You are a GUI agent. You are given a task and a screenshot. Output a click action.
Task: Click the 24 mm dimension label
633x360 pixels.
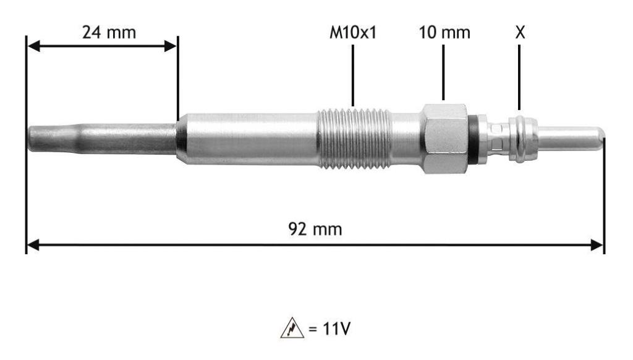109,32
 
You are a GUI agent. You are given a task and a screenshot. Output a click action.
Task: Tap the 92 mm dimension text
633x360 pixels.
315,229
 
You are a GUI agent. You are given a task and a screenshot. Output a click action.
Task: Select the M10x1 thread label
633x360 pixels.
353,32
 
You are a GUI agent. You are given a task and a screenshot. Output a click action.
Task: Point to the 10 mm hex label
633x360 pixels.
444,32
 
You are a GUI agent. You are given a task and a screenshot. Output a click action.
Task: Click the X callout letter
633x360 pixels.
520,32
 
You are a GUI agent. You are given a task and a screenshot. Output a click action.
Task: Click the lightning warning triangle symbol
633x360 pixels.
292,328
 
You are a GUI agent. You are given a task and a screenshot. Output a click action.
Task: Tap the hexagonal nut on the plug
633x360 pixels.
444,139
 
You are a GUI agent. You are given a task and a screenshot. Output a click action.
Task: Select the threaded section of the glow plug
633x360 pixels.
354,138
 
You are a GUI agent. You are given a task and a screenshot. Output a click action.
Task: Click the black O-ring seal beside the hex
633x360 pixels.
473,139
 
